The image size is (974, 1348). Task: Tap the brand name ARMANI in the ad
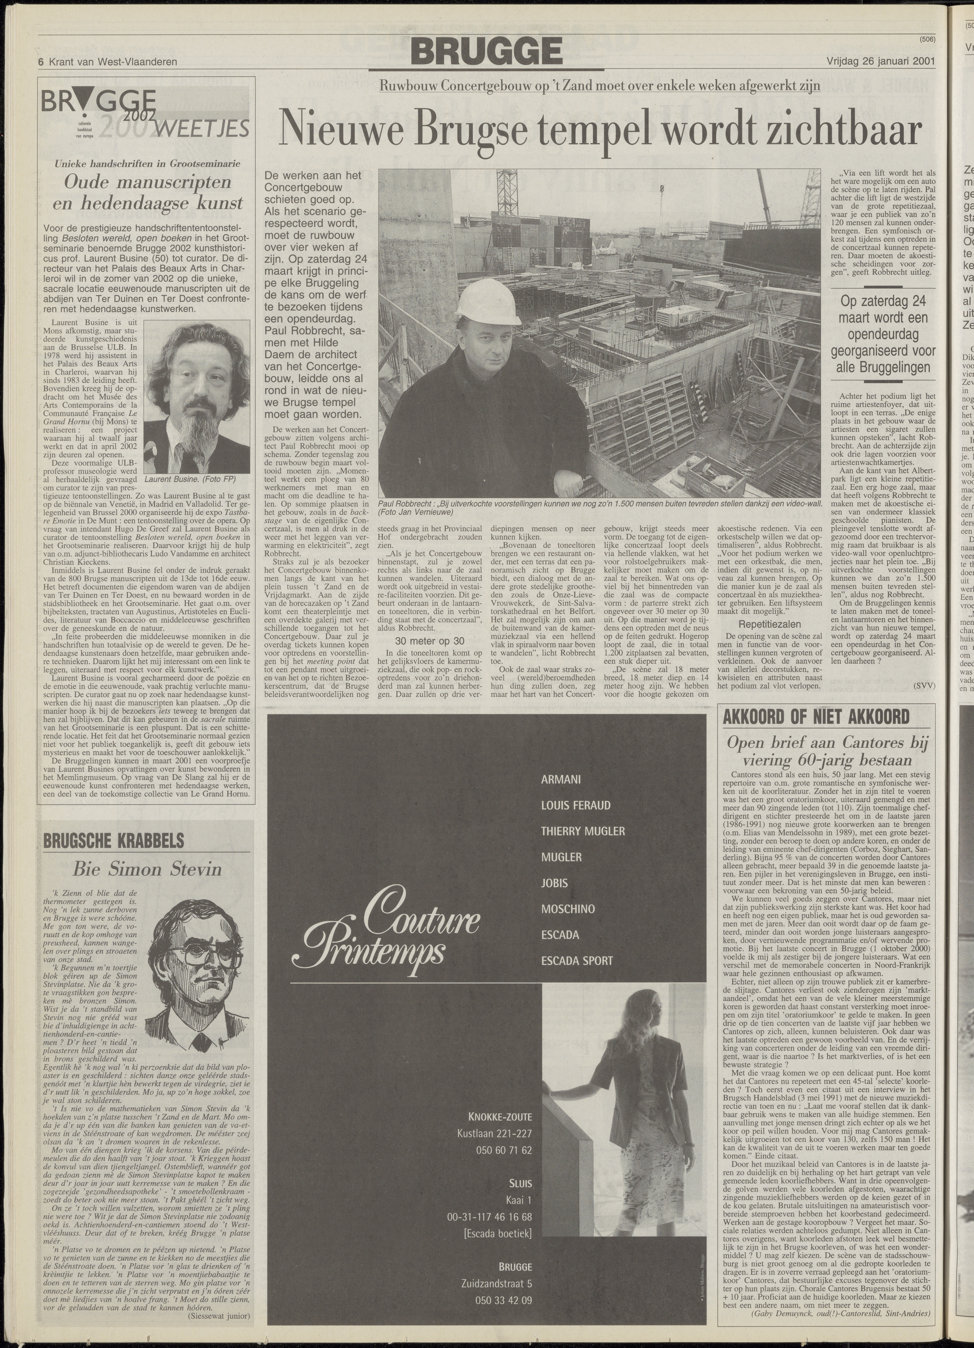point(561,779)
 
